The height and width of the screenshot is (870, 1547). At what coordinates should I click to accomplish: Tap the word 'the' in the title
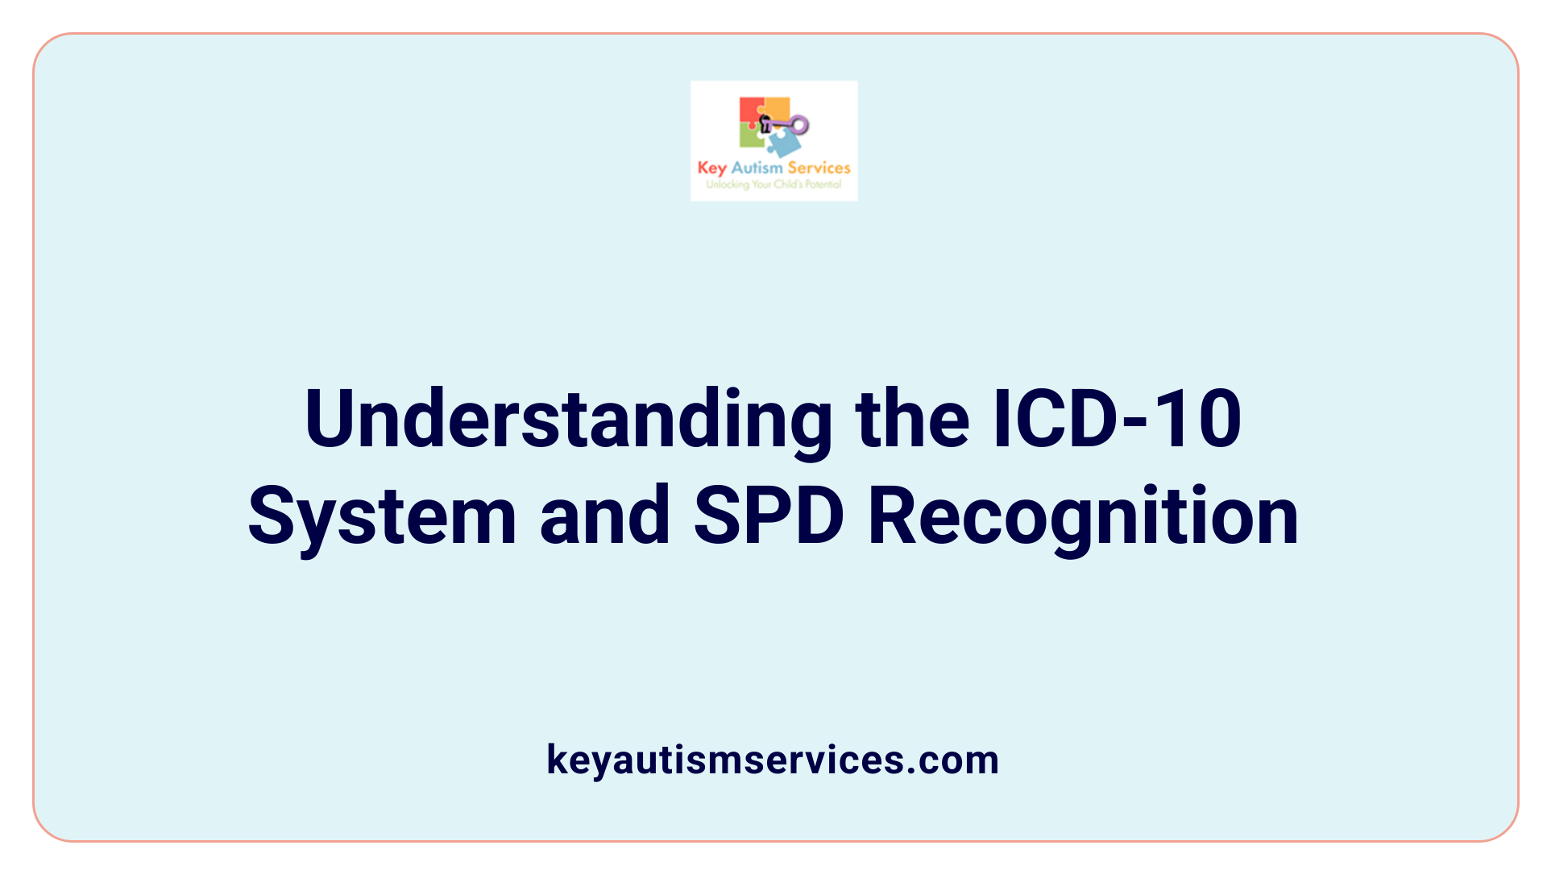point(912,420)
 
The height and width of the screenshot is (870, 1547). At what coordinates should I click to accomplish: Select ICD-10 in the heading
point(1117,420)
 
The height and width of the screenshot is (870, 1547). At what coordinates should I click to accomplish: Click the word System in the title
point(382,517)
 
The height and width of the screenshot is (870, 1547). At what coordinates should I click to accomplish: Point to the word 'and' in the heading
point(604,517)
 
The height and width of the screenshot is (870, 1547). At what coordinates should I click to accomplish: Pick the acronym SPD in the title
point(769,517)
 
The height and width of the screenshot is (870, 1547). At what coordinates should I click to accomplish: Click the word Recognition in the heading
point(1083,517)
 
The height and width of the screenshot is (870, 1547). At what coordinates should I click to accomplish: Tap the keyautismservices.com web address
point(773,760)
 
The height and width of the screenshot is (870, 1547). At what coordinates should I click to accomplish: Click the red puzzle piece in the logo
point(750,111)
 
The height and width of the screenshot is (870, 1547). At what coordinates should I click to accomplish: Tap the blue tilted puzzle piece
point(783,143)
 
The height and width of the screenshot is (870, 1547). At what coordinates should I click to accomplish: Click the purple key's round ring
point(799,125)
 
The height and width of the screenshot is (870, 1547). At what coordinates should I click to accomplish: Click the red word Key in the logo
point(711,168)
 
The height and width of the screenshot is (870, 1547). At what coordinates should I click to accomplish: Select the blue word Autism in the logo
point(757,168)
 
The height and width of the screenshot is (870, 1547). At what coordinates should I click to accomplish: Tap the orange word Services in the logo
point(819,168)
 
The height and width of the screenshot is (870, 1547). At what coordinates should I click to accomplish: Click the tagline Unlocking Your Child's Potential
point(773,184)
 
